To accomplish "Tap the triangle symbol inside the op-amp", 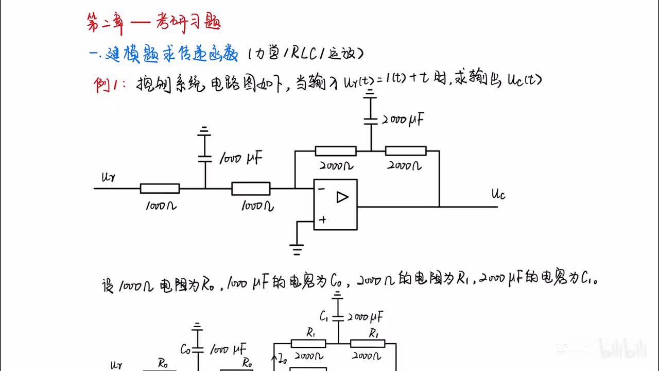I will [x=342, y=197].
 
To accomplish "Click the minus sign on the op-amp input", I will [x=321, y=189].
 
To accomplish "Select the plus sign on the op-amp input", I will [x=322, y=220].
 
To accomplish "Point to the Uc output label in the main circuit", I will [x=498, y=194].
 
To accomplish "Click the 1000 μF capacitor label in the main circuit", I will [x=240, y=159].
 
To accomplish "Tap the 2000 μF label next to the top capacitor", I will [x=403, y=121].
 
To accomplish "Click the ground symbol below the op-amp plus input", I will [x=297, y=250].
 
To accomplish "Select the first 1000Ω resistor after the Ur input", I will [x=160, y=189].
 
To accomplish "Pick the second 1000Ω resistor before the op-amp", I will [x=251, y=189].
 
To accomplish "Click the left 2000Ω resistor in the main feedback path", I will [x=335, y=151].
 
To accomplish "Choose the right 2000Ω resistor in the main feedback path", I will [x=406, y=151].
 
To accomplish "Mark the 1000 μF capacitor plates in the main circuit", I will [x=205, y=158].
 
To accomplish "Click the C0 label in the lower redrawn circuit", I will [x=186, y=348].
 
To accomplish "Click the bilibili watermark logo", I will [x=623, y=350].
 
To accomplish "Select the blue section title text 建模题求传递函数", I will [x=172, y=55].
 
